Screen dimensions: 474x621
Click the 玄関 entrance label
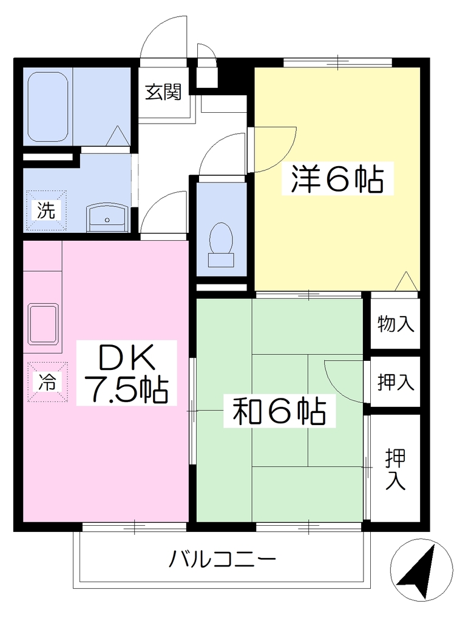[163, 92]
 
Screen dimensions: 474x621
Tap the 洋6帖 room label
[337, 179]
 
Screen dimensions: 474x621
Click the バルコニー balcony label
[222, 560]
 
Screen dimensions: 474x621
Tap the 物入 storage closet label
[396, 324]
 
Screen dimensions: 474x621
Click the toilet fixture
[221, 244]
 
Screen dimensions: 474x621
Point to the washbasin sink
[107, 218]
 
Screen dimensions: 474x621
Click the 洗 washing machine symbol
[46, 210]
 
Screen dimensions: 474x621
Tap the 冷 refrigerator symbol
[47, 382]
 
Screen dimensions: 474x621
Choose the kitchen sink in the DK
[44, 324]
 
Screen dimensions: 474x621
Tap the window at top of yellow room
[337, 62]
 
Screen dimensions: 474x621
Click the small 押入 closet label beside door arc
[396, 382]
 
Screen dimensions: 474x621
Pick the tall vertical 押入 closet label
[396, 469]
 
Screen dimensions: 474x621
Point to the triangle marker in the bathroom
[118, 135]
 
